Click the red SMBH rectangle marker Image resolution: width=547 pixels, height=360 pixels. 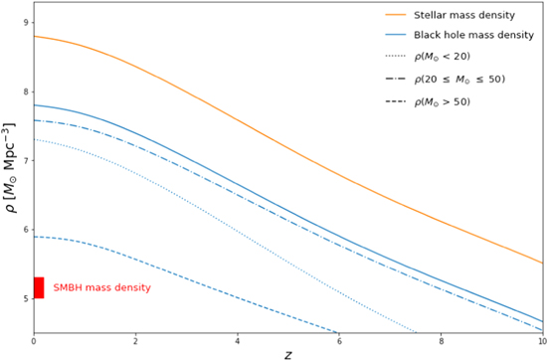[39, 287]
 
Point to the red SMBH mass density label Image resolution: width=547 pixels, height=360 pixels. [101, 287]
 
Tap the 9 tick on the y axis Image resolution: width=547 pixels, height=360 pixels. [25, 21]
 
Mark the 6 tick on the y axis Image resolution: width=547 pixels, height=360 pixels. [25, 231]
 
